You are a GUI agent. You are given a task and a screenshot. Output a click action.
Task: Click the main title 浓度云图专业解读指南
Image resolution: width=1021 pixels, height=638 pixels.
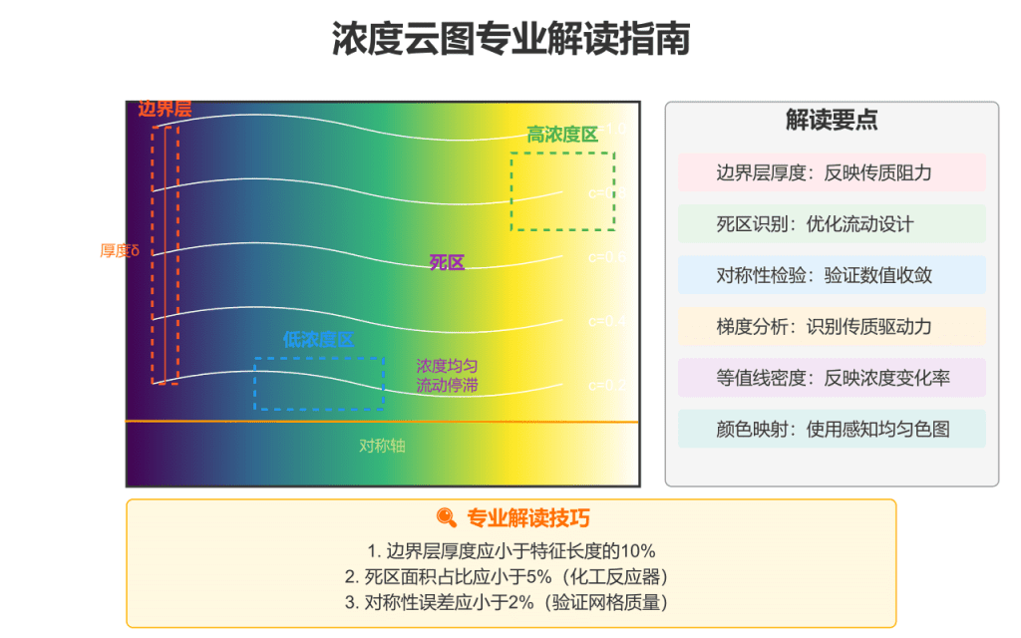510,40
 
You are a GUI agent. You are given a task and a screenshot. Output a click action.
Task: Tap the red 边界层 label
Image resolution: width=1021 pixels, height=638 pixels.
165,110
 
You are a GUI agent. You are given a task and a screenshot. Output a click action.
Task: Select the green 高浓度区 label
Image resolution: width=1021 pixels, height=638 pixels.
562,135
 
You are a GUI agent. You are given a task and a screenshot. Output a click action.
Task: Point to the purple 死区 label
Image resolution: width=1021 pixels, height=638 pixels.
447,263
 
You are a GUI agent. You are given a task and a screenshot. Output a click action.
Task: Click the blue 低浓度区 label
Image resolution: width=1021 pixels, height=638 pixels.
318,340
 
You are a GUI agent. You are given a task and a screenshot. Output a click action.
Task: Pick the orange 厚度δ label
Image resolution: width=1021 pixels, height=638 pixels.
120,250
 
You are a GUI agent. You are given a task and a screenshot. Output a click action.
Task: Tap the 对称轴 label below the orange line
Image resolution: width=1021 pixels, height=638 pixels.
383,446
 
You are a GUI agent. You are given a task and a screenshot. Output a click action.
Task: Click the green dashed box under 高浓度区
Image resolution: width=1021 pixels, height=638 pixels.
562,190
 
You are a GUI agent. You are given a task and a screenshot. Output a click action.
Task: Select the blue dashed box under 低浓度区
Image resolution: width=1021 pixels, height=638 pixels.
319,384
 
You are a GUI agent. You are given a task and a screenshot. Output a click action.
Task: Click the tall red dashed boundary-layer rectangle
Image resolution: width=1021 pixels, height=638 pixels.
166,254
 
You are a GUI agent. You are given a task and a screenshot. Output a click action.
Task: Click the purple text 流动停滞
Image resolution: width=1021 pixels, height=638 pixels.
447,385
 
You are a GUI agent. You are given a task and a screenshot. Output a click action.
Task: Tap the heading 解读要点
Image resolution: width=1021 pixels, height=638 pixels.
832,121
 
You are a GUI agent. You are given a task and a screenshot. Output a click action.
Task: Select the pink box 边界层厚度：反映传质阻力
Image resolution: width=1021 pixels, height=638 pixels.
832,172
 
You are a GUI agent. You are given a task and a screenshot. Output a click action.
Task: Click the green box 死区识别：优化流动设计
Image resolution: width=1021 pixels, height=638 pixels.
832,224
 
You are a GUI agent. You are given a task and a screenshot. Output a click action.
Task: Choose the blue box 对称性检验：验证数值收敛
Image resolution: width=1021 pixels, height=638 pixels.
832,275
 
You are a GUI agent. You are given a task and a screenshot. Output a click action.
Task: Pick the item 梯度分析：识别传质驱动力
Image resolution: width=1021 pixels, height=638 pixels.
832,326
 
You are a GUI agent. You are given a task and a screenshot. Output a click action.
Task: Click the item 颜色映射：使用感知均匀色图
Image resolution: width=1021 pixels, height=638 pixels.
832,429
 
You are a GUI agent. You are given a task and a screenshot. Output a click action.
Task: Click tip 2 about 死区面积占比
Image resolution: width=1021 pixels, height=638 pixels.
511,576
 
